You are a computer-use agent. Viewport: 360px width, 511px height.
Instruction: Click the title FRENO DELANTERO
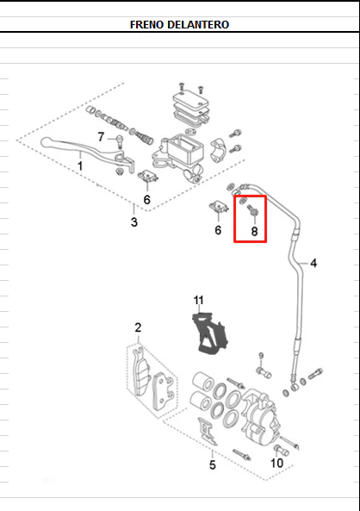pyautogui.click(x=179, y=24)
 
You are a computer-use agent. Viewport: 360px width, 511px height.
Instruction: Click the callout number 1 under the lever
pyautogui.click(x=80, y=165)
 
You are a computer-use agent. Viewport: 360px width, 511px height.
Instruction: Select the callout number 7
pyautogui.click(x=101, y=137)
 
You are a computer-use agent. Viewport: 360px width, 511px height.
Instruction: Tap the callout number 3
pyautogui.click(x=133, y=222)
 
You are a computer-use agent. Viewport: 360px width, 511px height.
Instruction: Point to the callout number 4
pyautogui.click(x=313, y=263)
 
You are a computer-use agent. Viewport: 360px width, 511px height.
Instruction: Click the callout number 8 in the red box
pyautogui.click(x=254, y=232)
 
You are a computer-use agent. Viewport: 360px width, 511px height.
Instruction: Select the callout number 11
pyautogui.click(x=199, y=300)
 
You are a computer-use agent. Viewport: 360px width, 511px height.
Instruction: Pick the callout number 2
pyautogui.click(x=138, y=327)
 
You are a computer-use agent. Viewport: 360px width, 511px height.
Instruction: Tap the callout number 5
pyautogui.click(x=213, y=464)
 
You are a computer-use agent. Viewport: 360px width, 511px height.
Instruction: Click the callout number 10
pyautogui.click(x=277, y=463)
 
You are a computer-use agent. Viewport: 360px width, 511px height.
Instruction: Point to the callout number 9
pyautogui.click(x=261, y=356)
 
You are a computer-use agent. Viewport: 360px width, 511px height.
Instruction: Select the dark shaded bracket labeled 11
pyautogui.click(x=209, y=333)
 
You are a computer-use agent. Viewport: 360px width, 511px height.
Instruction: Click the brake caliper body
pyautogui.click(x=260, y=416)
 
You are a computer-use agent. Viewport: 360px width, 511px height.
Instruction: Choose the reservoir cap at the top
pyautogui.click(x=190, y=99)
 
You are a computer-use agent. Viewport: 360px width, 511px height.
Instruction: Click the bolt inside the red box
pyautogui.click(x=253, y=209)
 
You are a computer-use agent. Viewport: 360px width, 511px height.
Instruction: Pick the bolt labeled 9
pyautogui.click(x=264, y=372)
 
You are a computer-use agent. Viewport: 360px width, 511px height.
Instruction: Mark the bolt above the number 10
pyautogui.click(x=282, y=451)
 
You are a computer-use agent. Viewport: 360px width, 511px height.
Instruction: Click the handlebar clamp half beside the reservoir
pyautogui.click(x=218, y=150)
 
